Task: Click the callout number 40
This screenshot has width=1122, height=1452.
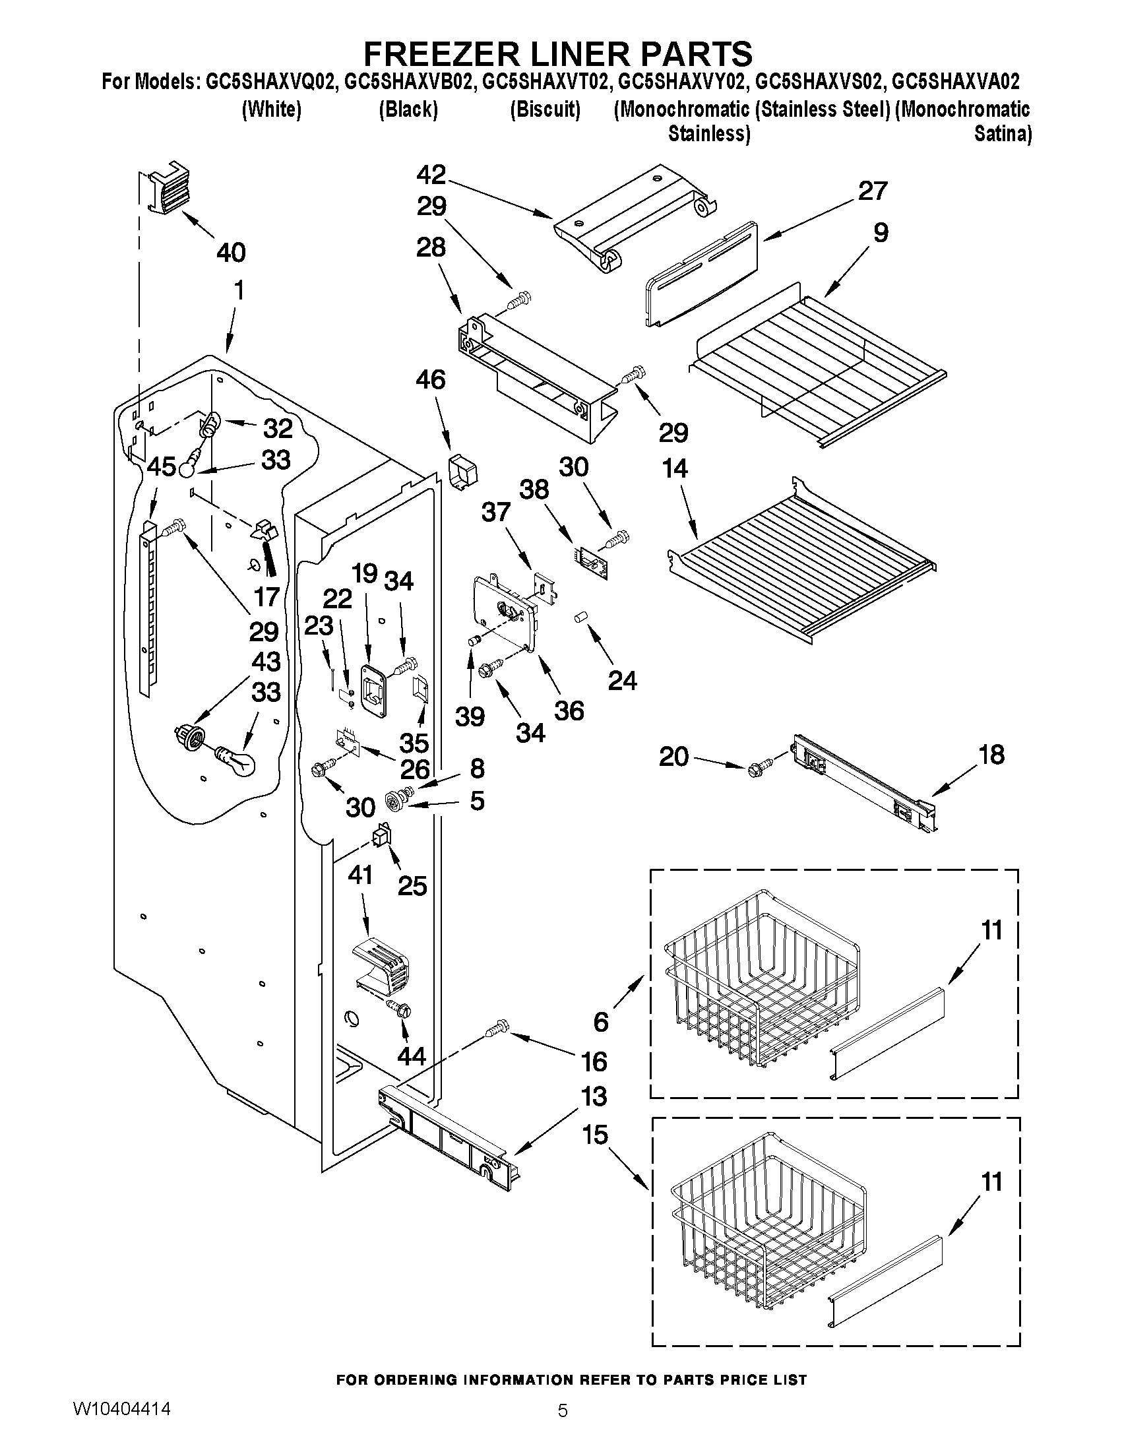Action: pos(232,253)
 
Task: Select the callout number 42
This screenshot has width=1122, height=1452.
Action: pos(431,175)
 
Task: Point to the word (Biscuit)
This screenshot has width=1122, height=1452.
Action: pos(545,109)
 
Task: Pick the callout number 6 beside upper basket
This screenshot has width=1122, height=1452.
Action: pos(601,1022)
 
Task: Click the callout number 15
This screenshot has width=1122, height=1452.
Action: pos(595,1134)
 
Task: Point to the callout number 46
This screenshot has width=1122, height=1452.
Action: pos(431,380)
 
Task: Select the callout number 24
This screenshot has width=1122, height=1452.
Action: pos(622,681)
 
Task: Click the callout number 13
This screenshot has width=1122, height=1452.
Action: pos(594,1096)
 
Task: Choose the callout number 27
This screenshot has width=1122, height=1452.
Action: pos(872,191)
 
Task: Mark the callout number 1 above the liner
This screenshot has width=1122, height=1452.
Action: pos(239,290)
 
